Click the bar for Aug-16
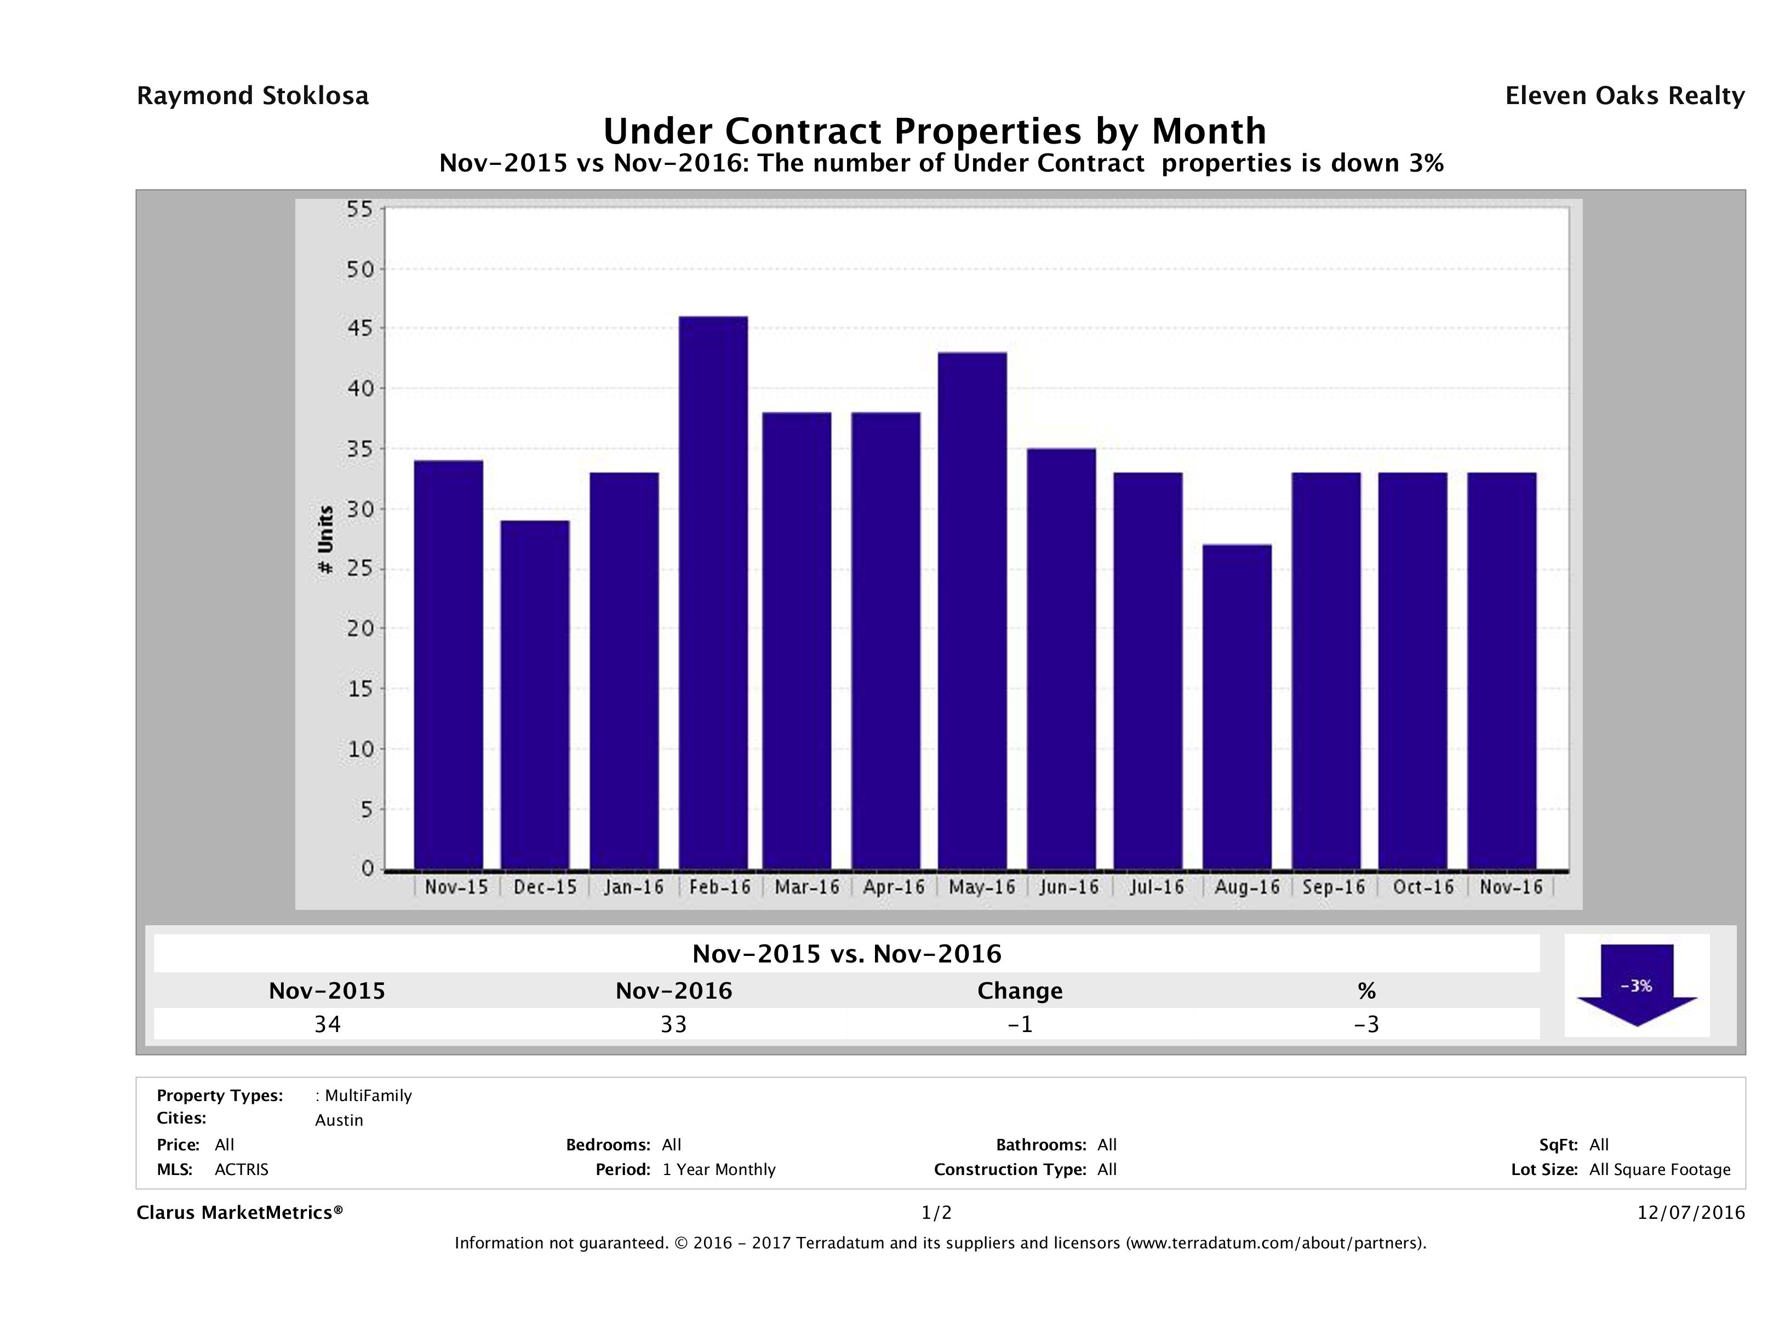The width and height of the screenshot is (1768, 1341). click(1237, 707)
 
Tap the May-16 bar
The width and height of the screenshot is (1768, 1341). click(972, 611)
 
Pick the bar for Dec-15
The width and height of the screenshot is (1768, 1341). click(535, 695)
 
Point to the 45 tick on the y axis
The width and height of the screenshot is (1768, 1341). click(361, 329)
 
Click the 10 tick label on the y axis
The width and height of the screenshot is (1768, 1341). click(361, 749)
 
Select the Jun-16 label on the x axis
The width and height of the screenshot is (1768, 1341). click(1068, 887)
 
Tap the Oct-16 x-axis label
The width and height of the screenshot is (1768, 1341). click(1423, 887)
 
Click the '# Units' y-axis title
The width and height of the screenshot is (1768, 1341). click(325, 540)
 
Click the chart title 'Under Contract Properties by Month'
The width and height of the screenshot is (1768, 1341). click(934, 131)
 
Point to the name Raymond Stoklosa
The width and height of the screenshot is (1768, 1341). click(253, 96)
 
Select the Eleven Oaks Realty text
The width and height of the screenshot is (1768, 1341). click(1624, 96)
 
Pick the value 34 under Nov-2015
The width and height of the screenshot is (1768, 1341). click(328, 1024)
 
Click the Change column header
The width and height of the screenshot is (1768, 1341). click(1020, 991)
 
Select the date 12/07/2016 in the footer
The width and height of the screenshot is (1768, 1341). click(1690, 1212)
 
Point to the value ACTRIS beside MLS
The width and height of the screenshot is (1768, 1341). click(242, 1169)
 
